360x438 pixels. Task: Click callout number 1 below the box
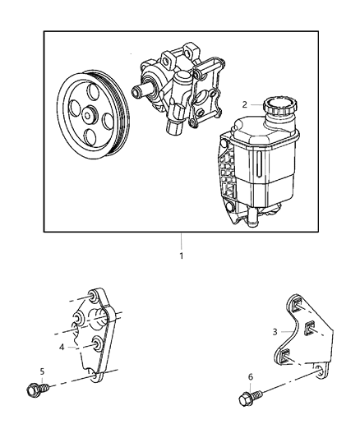(181, 256)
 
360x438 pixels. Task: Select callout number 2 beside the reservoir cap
(245, 104)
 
